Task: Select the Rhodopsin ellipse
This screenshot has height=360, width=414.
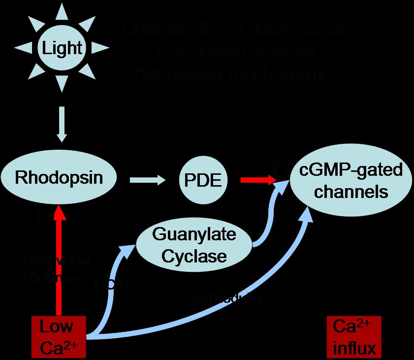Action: click(59, 178)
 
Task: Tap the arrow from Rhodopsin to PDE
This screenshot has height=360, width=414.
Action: click(148, 181)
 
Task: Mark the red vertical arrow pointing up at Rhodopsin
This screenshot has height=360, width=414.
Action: click(60, 261)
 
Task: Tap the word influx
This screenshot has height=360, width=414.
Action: click(354, 349)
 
